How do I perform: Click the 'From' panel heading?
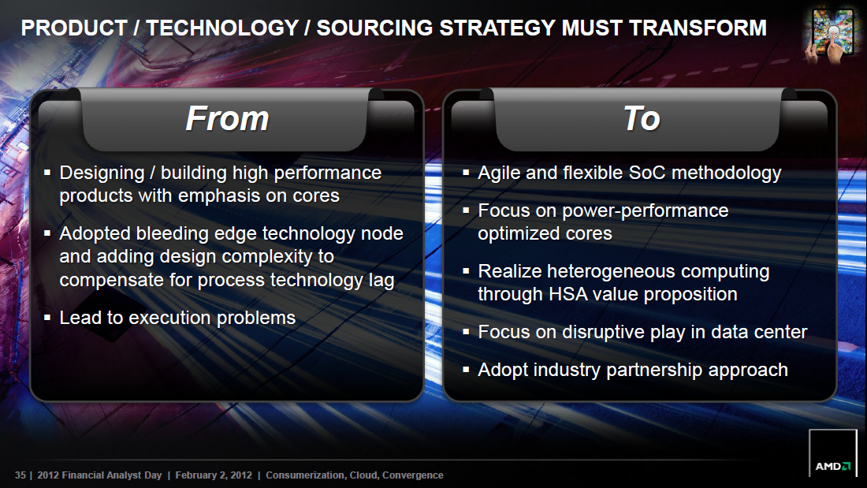[227, 118]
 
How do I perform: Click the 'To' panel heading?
[642, 118]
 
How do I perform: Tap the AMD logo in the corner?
[833, 466]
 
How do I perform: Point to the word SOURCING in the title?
[374, 28]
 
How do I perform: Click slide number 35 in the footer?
[20, 475]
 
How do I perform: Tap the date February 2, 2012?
[214, 475]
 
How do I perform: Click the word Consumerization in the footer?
[306, 475]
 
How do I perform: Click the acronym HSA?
[568, 294]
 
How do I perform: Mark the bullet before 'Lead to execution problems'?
[47, 318]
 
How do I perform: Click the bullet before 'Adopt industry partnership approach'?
[466, 370]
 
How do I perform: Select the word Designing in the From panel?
[102, 173]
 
